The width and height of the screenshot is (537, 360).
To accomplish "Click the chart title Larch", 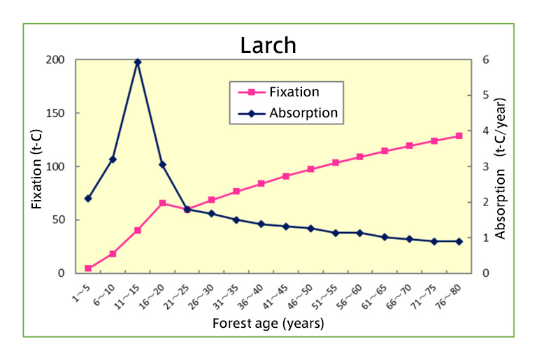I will (x=268, y=45).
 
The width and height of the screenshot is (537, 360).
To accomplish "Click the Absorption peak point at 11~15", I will (x=138, y=62).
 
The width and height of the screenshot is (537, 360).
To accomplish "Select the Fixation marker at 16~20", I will (x=162, y=203).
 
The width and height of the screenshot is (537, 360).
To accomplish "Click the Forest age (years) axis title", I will (x=268, y=324).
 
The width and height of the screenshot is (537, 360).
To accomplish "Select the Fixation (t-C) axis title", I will (x=38, y=166).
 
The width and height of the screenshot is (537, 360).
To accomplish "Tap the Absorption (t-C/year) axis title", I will (x=501, y=166).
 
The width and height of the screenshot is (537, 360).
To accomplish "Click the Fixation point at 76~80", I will (x=459, y=136).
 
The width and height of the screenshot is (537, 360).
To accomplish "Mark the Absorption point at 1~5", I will (x=88, y=199).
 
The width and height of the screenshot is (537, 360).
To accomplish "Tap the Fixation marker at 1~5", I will (x=88, y=268).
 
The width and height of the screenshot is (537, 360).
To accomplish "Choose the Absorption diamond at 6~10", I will (x=113, y=159).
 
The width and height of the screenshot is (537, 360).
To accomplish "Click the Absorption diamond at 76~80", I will (x=459, y=241).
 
